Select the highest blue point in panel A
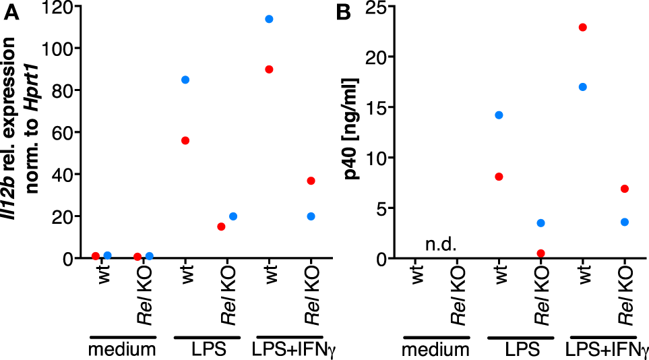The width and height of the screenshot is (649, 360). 269,19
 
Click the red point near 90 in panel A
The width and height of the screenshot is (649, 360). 269,69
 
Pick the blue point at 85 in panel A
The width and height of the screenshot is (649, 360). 185,80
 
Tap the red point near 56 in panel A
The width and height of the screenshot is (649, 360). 185,140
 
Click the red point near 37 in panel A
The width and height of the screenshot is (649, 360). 311,181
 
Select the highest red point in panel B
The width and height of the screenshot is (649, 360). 583,27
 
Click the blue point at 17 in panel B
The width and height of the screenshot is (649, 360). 583,87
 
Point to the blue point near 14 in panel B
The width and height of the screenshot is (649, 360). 499,115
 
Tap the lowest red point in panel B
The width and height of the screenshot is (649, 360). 540,253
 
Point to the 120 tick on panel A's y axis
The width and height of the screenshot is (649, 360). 59,7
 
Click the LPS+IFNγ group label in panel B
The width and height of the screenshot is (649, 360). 607,350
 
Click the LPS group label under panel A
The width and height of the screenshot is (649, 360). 206,350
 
